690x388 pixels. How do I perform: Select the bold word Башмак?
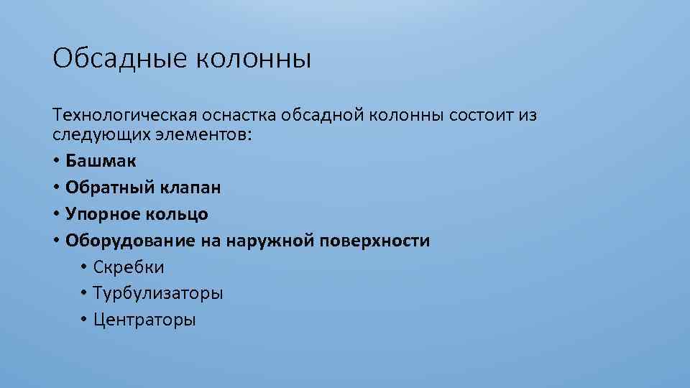coord(101,161)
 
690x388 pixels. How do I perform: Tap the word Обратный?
coord(107,188)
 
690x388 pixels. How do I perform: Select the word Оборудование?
coord(130,241)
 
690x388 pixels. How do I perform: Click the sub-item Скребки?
coord(128,267)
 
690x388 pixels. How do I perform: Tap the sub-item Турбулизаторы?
coord(157,294)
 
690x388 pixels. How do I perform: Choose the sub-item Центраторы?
coord(144,320)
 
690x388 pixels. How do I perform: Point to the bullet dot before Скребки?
coord(83,267)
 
